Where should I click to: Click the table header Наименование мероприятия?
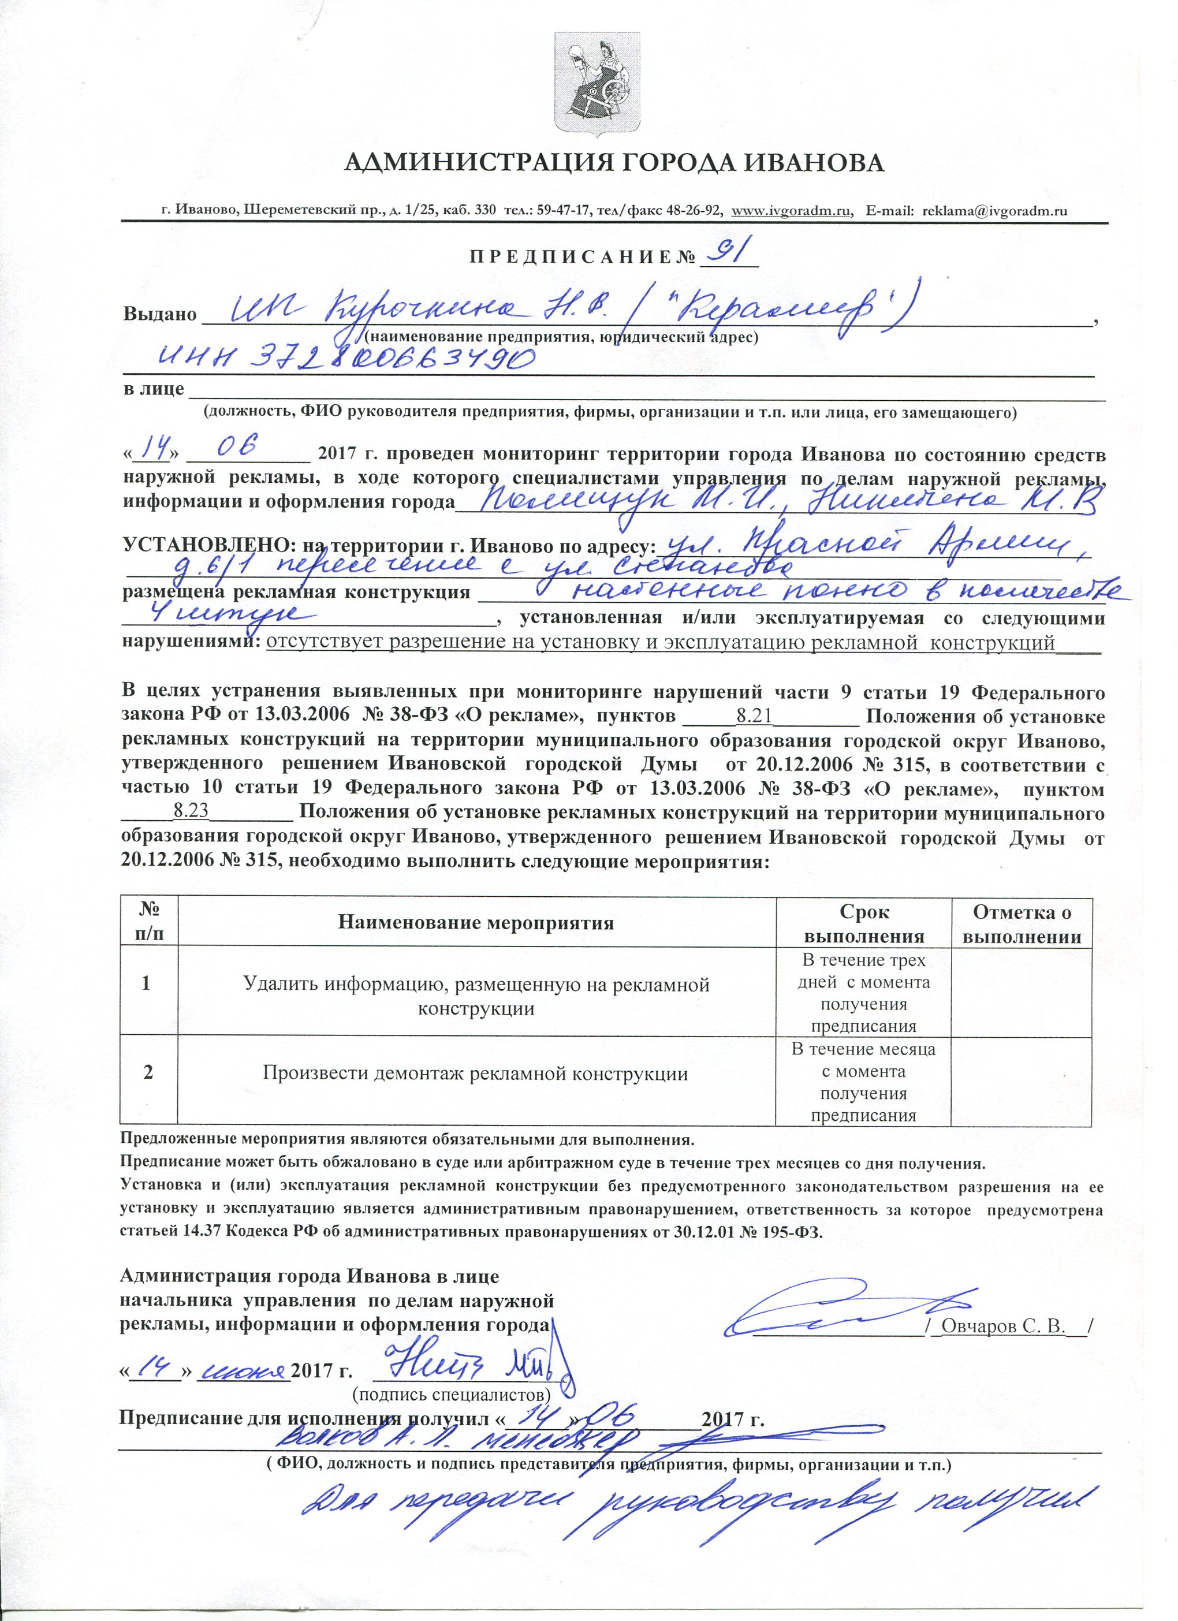(476, 923)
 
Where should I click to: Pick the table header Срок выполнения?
(863, 923)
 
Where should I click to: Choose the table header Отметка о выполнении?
(1022, 923)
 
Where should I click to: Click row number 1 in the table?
(147, 983)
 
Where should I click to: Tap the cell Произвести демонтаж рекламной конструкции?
(475, 1073)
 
